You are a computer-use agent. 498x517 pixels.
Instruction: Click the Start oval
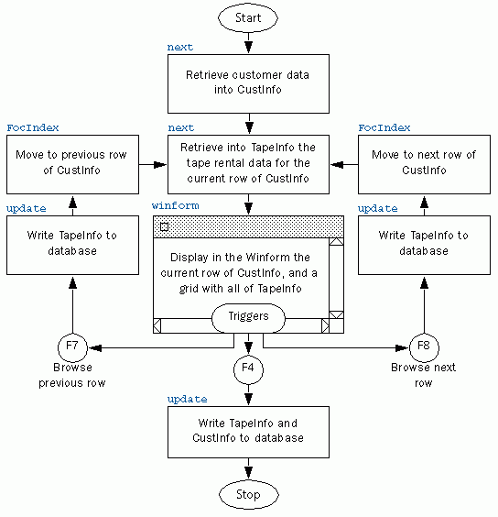pyautogui.click(x=248, y=18)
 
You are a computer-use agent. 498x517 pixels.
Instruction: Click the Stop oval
pyautogui.click(x=249, y=495)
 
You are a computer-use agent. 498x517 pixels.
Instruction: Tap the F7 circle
pyautogui.click(x=72, y=347)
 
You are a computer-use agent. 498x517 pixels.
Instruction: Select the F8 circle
pyautogui.click(x=424, y=347)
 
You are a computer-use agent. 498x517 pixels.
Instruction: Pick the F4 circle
pyautogui.click(x=248, y=369)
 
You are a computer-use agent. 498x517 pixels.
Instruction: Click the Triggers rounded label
pyautogui.click(x=248, y=318)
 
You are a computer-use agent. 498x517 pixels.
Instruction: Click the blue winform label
pyautogui.click(x=175, y=205)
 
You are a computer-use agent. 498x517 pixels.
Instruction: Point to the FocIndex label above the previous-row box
pyautogui.click(x=33, y=127)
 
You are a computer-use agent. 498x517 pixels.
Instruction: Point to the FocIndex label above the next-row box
pyautogui.click(x=384, y=127)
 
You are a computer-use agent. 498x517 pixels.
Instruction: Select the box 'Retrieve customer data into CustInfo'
pyautogui.click(x=248, y=83)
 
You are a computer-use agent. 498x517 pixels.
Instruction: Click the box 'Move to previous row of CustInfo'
pyautogui.click(x=72, y=164)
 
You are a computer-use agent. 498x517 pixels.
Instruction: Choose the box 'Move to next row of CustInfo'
pyautogui.click(x=424, y=164)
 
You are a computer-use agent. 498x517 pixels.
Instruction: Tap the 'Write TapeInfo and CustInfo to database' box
pyautogui.click(x=248, y=432)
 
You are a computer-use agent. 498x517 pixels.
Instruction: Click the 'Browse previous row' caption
pyautogui.click(x=72, y=375)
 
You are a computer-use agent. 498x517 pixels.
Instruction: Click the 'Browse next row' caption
pyautogui.click(x=424, y=375)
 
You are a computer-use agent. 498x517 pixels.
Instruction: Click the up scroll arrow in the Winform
pyautogui.click(x=336, y=242)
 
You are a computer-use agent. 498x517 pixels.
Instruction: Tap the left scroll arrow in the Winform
pyautogui.click(x=157, y=325)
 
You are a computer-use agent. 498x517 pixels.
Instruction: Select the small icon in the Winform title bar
pyautogui.click(x=164, y=226)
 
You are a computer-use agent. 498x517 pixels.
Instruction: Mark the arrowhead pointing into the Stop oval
pyautogui.click(x=249, y=473)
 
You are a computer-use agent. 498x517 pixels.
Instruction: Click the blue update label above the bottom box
pyautogui.click(x=187, y=400)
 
